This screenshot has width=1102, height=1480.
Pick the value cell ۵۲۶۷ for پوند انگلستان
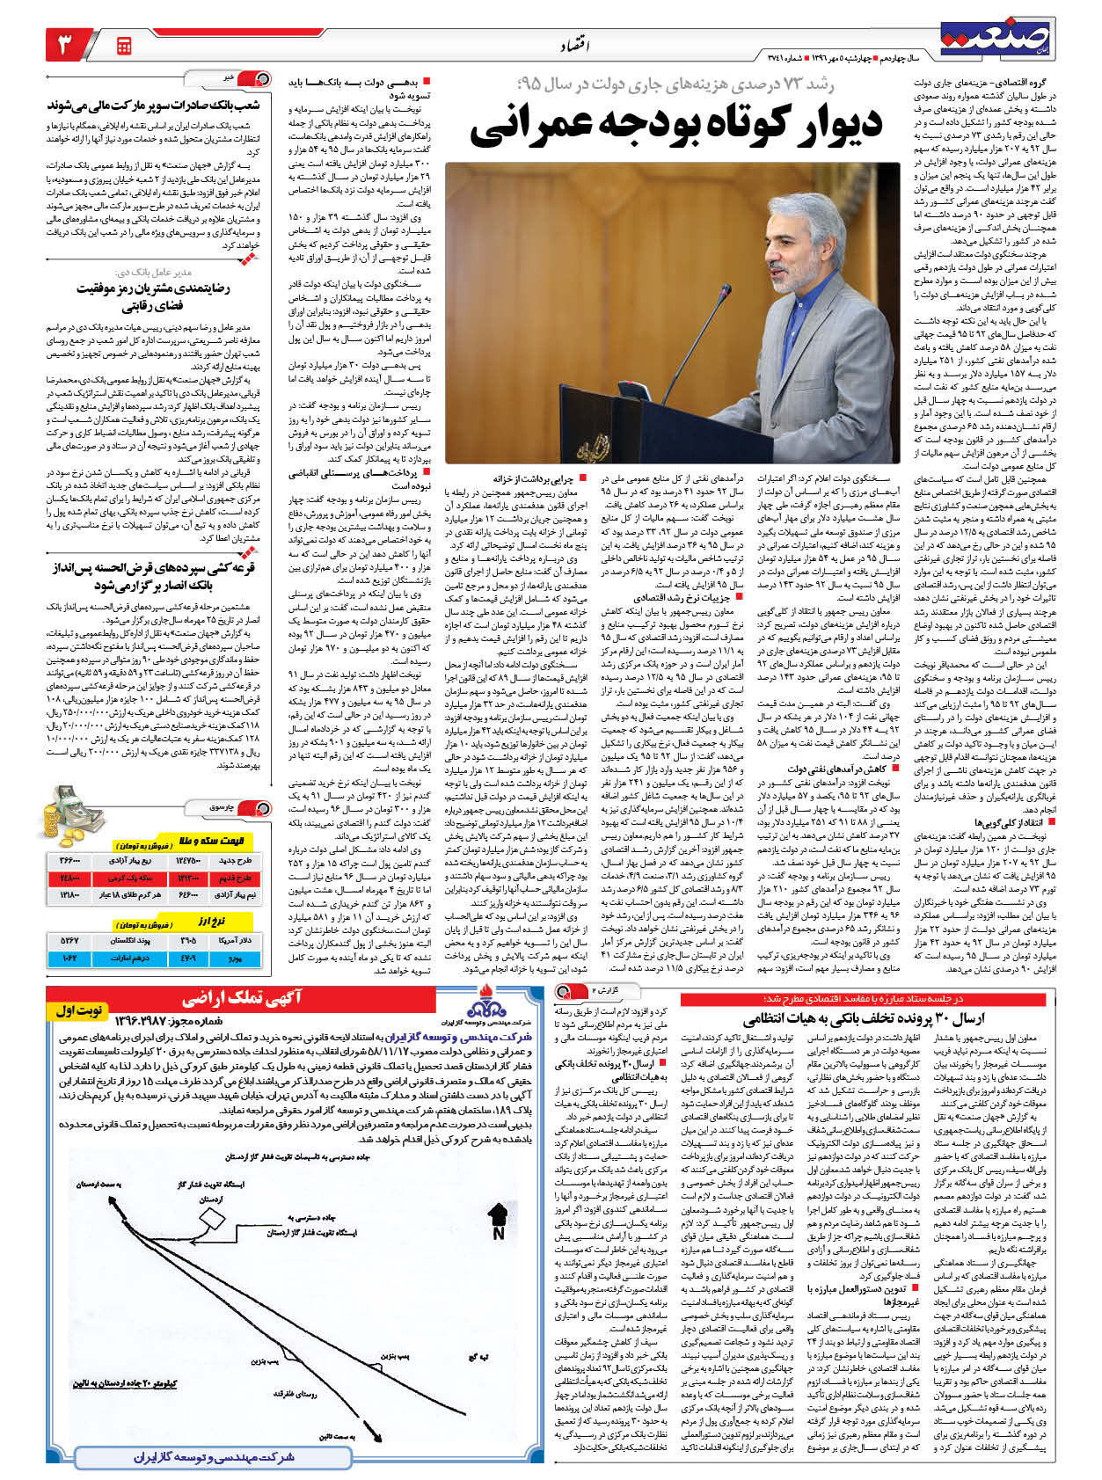[x=70, y=941]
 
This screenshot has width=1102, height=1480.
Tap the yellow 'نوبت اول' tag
[x=80, y=1011]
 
